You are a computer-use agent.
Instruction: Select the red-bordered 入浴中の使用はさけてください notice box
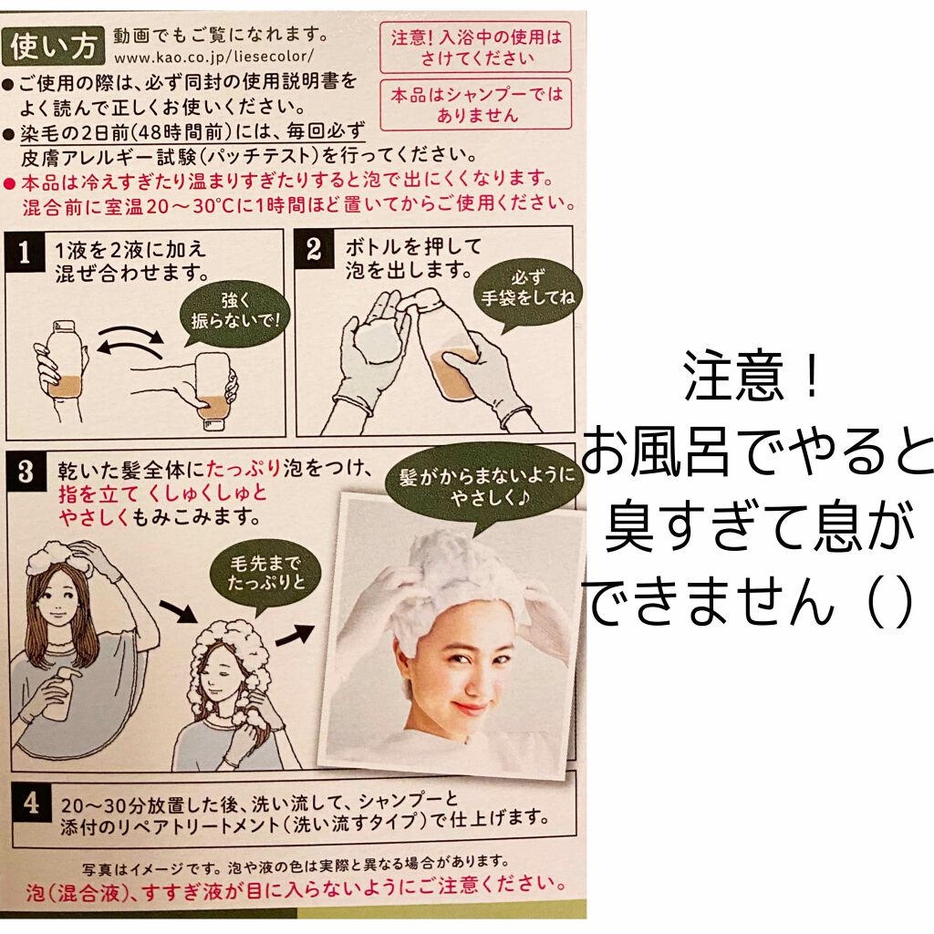(476, 47)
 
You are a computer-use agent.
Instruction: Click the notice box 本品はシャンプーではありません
(476, 104)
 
